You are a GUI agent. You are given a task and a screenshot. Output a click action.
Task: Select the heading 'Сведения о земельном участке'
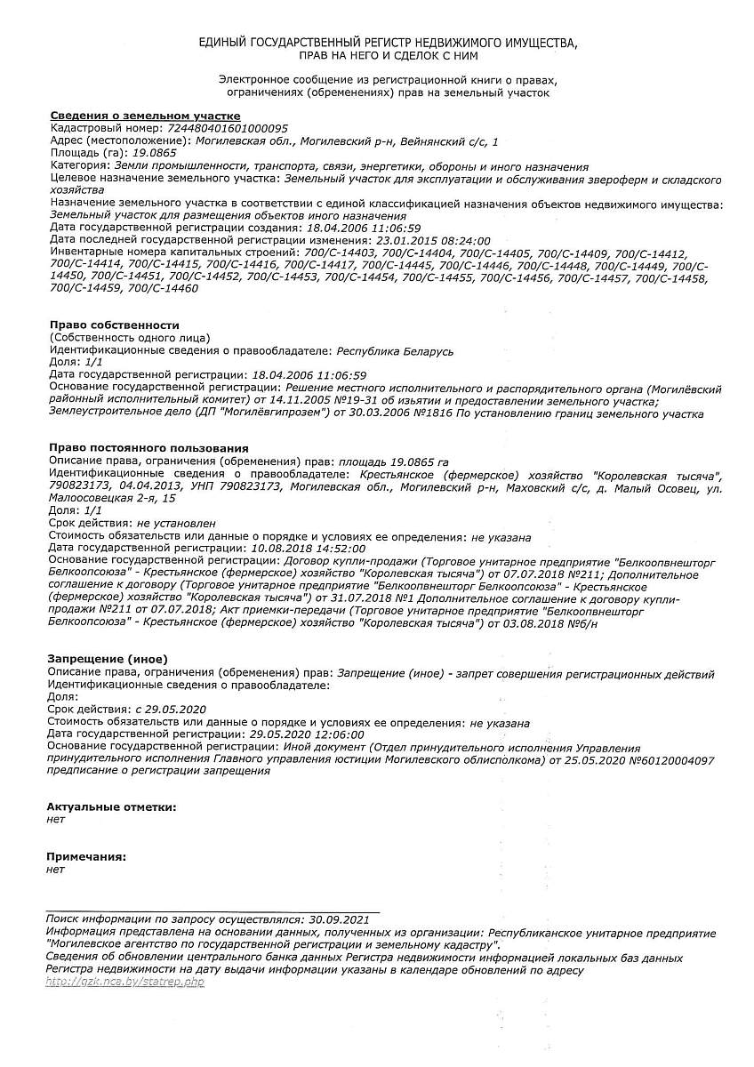[145, 116]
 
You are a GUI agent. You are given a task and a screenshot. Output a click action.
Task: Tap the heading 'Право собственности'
[115, 325]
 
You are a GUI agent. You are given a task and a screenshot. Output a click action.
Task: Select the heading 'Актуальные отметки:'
[111, 806]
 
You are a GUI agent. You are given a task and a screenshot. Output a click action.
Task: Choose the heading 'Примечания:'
[86, 856]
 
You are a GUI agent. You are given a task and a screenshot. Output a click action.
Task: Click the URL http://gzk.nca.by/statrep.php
[124, 982]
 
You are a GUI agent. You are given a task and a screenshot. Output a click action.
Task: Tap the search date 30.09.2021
[337, 919]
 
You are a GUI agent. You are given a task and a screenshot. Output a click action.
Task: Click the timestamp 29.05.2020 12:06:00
[307, 735]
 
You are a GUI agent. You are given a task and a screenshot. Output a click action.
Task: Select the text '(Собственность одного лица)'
[131, 338]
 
